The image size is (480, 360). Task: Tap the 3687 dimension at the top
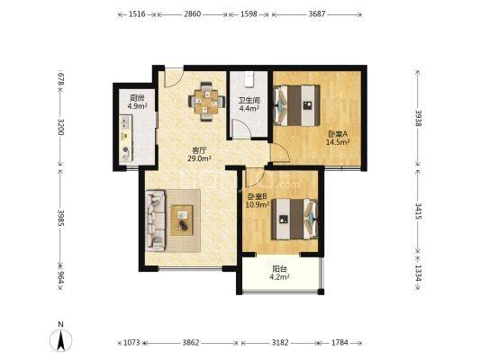[317, 14]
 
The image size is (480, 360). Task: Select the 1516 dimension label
[137, 14]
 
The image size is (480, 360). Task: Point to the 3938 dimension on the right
[419, 117]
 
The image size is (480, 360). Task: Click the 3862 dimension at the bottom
[191, 343]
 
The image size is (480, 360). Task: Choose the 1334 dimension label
[419, 272]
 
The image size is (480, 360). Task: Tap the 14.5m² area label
[339, 142]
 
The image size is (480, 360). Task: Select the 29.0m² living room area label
[200, 158]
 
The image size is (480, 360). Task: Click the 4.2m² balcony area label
[279, 277]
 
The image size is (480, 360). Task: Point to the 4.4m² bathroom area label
[249, 108]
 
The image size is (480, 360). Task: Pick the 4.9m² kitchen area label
[137, 106]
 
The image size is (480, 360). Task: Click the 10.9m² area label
[258, 204]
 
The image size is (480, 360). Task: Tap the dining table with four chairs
[206, 101]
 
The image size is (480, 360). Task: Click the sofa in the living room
[155, 220]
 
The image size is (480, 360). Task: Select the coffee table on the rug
[182, 220]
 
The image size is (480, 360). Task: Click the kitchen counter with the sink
[125, 138]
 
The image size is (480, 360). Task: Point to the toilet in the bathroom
[249, 79]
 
